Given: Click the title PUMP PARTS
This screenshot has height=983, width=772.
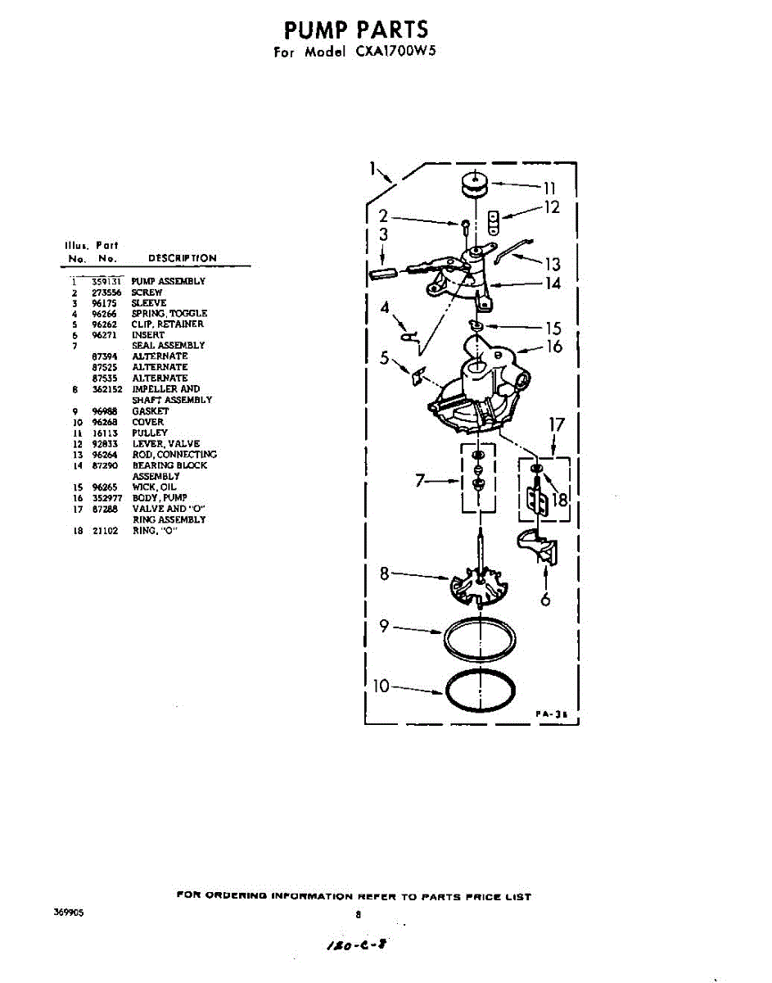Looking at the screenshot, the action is [x=356, y=30].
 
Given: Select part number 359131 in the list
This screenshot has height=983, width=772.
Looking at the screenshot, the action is [x=106, y=281].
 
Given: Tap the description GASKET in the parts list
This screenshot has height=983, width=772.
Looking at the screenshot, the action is [x=151, y=410].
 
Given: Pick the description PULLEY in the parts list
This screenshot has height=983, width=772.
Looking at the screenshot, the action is [x=150, y=433].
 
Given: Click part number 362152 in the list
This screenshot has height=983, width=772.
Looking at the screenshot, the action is [x=106, y=389].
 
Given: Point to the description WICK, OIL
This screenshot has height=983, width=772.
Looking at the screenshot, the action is [x=154, y=487].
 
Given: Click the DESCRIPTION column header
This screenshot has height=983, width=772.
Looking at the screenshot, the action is [x=183, y=258].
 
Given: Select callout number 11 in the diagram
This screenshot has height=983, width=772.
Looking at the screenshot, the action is [x=549, y=187].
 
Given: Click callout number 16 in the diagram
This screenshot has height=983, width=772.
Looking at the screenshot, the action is [x=554, y=347].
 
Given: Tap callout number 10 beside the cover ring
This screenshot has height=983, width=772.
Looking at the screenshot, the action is [x=381, y=686].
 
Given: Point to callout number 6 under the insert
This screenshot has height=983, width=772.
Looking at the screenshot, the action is [x=545, y=599].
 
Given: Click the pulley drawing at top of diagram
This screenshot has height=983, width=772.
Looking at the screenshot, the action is [x=472, y=184].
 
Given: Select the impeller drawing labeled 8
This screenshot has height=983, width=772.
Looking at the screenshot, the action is [x=479, y=582].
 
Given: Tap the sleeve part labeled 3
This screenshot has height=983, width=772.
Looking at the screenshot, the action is [x=383, y=273].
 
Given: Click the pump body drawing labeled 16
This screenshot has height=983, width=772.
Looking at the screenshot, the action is [x=479, y=385].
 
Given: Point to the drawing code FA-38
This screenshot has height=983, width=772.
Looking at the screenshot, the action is [x=552, y=714].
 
